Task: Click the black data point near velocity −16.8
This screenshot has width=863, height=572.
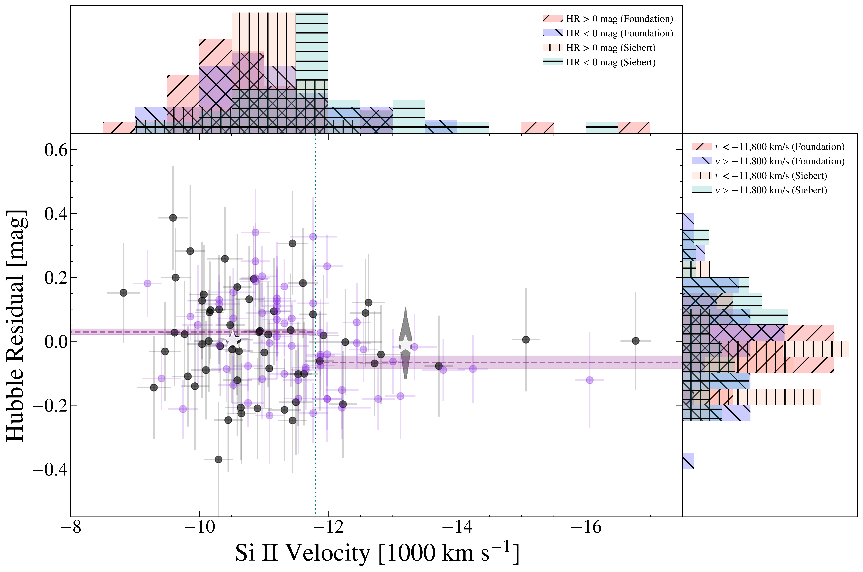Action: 635,341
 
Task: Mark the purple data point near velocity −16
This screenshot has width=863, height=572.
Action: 590,380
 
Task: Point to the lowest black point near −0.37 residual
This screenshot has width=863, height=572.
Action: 218,459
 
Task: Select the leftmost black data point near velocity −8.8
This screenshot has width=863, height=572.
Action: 124,293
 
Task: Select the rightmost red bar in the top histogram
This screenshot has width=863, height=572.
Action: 634,128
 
